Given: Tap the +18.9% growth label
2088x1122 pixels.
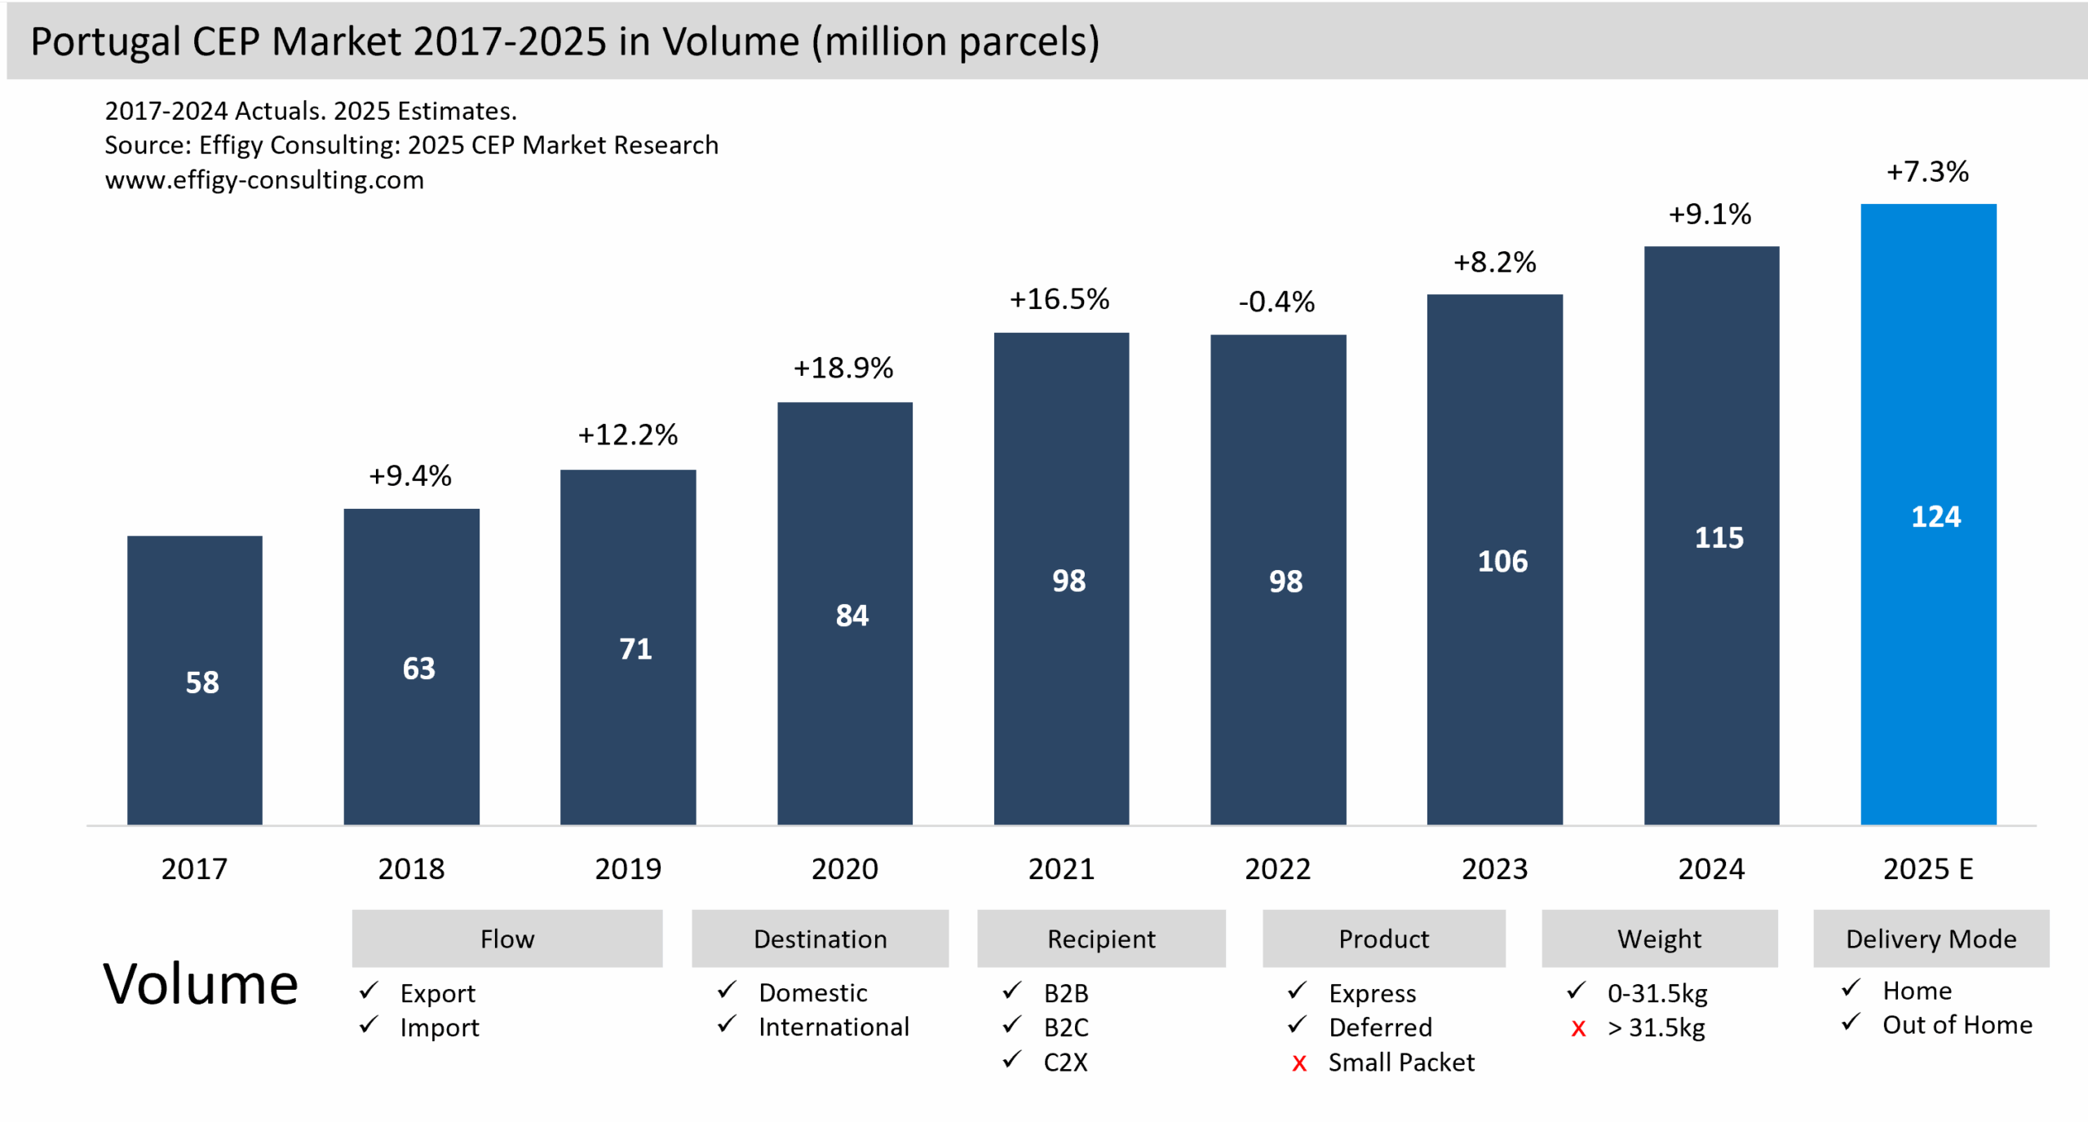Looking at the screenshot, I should pyautogui.click(x=843, y=369).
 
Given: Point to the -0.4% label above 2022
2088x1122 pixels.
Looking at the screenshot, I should pyautogui.click(x=1276, y=303).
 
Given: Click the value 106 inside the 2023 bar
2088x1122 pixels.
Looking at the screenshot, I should pyautogui.click(x=1502, y=562).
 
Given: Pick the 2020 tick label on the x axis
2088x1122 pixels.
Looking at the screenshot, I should pyautogui.click(x=844, y=869).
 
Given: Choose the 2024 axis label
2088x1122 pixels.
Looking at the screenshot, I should pyautogui.click(x=1710, y=869).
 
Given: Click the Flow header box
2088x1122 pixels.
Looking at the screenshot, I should pyautogui.click(x=507, y=939).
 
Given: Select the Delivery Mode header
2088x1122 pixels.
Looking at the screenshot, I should pyautogui.click(x=1931, y=939).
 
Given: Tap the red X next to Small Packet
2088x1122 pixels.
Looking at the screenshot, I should pyautogui.click(x=1299, y=1064).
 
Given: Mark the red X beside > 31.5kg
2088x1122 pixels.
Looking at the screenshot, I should pyautogui.click(x=1578, y=1029).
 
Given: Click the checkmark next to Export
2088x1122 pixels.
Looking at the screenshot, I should pyautogui.click(x=369, y=992).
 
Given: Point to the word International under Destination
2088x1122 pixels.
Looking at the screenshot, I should pyautogui.click(x=834, y=1027).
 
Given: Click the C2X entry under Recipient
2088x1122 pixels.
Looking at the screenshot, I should pyautogui.click(x=1065, y=1062).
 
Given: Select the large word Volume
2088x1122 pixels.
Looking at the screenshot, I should pyautogui.click(x=200, y=985).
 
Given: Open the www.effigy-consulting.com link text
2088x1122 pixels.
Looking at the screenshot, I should pyautogui.click(x=264, y=180).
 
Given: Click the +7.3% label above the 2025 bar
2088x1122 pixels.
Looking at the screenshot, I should pyautogui.click(x=1927, y=172).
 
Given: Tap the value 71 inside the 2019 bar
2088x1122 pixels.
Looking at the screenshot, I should pyautogui.click(x=635, y=649).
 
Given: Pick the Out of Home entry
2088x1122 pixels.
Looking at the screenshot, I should pyautogui.click(x=1957, y=1025).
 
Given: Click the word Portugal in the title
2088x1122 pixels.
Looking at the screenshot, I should pyautogui.click(x=104, y=42).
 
